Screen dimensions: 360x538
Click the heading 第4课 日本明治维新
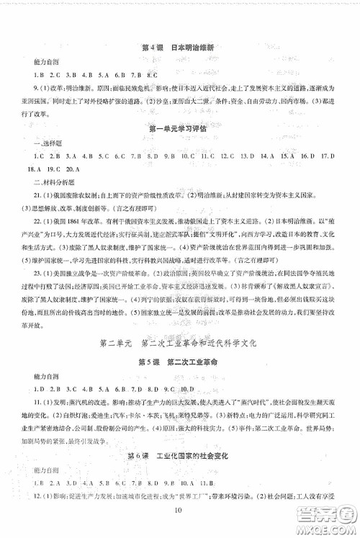179,49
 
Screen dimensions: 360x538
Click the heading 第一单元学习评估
179,129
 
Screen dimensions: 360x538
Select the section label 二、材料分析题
53,181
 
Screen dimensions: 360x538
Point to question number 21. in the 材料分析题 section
46,194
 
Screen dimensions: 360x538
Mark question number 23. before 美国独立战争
46,272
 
